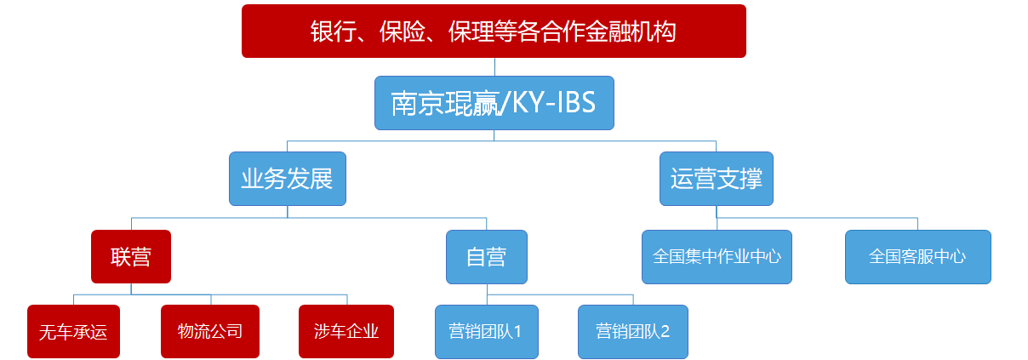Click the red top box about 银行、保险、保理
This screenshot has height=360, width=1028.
pyautogui.click(x=494, y=31)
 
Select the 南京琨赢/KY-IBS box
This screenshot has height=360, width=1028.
pyautogui.click(x=494, y=104)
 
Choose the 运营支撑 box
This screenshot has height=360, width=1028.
pyautogui.click(x=716, y=179)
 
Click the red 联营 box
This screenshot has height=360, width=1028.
pyautogui.click(x=130, y=256)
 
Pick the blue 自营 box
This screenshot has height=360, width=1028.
pyautogui.click(x=486, y=256)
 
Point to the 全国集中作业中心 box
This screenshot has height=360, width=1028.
pyautogui.click(x=717, y=256)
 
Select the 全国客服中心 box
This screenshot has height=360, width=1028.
pyautogui.click(x=917, y=256)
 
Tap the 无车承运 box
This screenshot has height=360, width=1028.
pyautogui.click(x=73, y=331)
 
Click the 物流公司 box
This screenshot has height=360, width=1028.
pyautogui.click(x=209, y=331)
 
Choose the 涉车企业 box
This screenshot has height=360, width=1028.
pyautogui.click(x=346, y=331)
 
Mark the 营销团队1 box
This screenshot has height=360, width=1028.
pyautogui.click(x=486, y=331)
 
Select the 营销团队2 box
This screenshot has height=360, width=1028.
pyautogui.click(x=632, y=331)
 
